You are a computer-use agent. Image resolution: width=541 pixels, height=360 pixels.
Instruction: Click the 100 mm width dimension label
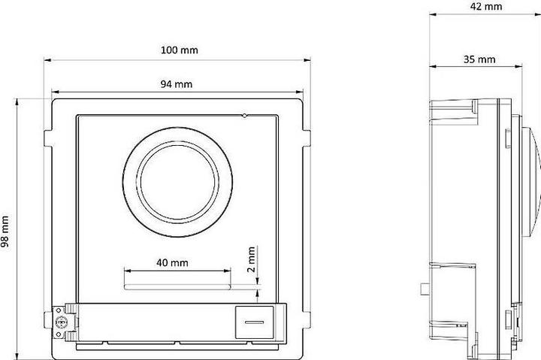180,50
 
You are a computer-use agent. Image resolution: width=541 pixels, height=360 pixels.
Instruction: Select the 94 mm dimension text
176,84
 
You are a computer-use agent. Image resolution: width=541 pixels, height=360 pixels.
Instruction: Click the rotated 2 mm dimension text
252,257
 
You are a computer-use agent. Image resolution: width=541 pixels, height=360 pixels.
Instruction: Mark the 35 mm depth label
477,59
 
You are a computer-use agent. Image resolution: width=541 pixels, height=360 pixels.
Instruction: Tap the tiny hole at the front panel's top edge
244,116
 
